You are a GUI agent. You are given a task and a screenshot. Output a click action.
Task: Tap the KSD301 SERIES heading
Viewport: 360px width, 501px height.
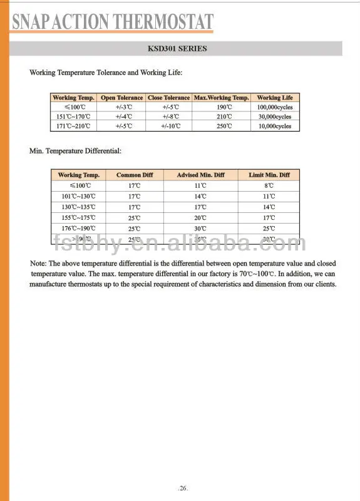177,49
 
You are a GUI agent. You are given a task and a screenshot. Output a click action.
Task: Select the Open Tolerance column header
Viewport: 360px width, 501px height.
122,98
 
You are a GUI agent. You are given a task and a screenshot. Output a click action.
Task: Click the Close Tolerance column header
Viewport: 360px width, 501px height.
168,98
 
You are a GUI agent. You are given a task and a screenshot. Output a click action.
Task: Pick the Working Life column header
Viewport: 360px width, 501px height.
274,98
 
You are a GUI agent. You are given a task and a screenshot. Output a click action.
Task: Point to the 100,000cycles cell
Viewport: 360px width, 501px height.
274,107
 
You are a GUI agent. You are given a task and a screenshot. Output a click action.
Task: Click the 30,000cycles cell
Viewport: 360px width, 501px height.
274,116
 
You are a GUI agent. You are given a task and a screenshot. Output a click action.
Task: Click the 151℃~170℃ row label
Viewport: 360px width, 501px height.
73,116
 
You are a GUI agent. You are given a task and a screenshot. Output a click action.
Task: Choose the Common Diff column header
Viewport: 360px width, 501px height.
134,175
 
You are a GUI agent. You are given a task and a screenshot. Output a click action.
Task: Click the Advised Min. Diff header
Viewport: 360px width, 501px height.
200,175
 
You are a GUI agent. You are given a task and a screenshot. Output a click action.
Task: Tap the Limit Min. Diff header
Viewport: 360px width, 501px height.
269,175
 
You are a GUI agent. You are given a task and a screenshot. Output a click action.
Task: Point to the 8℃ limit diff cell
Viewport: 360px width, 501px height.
269,186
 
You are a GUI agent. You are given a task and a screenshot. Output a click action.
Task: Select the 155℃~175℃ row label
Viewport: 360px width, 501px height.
78,217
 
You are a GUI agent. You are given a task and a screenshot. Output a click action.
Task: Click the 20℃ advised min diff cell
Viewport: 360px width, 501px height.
200,217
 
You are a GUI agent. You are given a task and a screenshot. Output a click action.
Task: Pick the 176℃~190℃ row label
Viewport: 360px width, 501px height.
78,229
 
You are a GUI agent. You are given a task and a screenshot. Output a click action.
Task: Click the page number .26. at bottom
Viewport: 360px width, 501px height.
182,487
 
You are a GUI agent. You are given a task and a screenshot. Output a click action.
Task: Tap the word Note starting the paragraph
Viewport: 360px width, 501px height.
38,264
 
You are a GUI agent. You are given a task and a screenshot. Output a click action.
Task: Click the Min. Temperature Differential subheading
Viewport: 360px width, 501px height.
75,151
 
